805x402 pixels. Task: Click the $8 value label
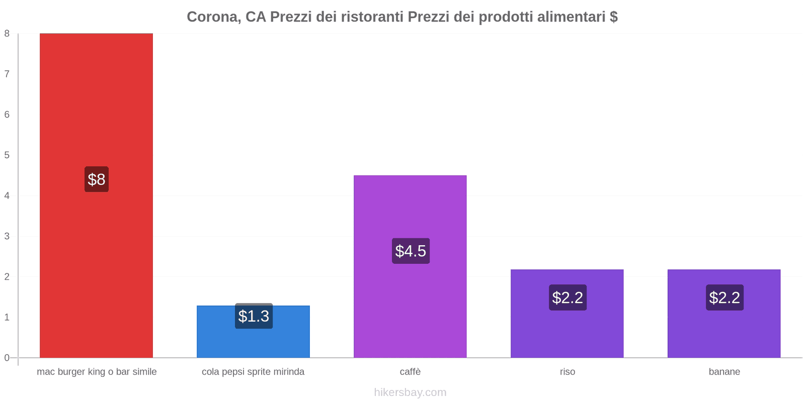[97, 179]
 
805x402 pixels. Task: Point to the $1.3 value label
[254, 316]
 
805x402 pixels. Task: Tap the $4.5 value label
[411, 251]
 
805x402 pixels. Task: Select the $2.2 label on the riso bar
[568, 297]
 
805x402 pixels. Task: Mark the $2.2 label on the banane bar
[725, 297]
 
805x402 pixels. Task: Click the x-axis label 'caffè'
[410, 372]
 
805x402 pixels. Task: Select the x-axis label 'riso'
[567, 372]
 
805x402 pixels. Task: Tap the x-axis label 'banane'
[724, 372]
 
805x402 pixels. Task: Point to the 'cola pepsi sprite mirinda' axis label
[253, 372]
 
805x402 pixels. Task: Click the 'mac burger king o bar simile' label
[97, 372]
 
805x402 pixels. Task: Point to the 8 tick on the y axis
[7, 34]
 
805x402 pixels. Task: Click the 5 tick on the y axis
[7, 155]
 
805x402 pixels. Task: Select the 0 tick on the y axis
[7, 358]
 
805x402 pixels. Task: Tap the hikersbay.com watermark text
[410, 392]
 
